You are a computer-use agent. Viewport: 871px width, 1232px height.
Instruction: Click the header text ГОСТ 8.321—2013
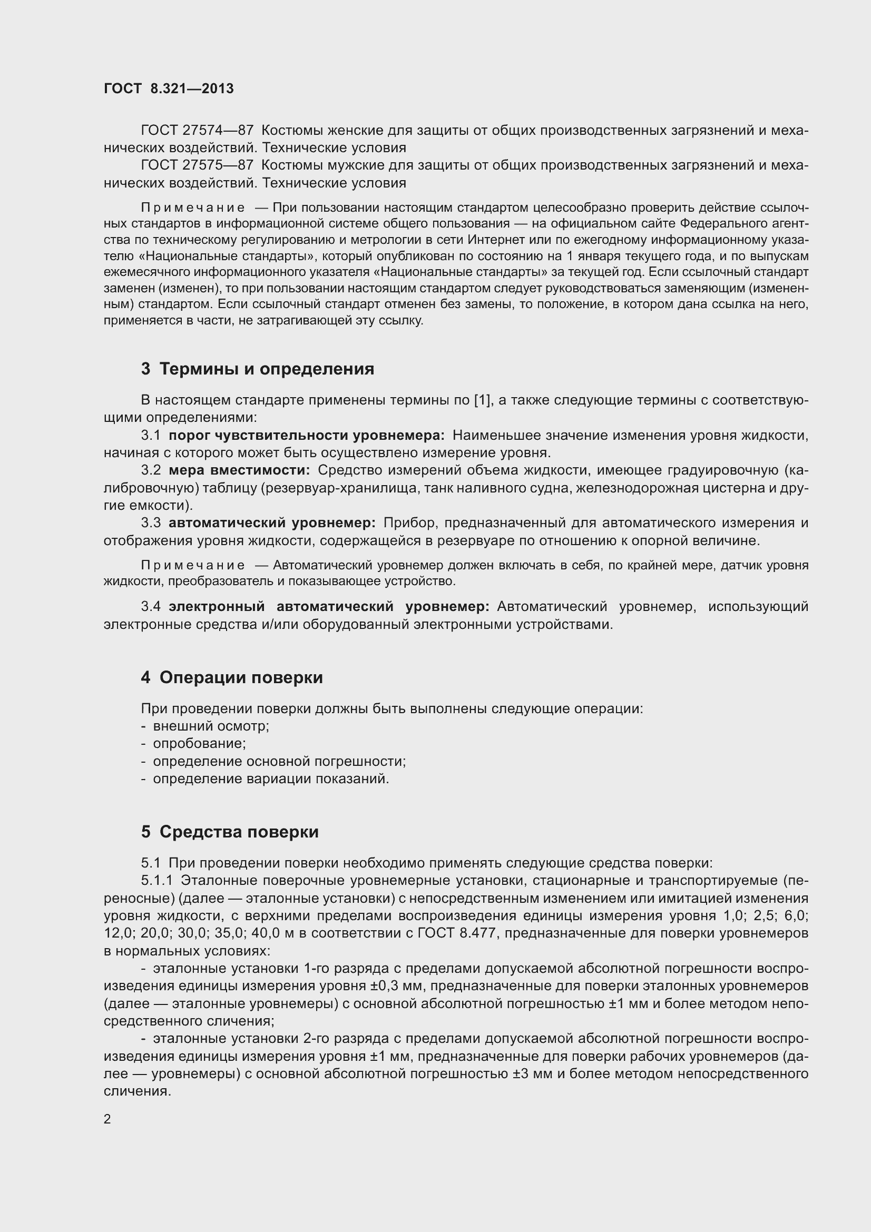[169, 88]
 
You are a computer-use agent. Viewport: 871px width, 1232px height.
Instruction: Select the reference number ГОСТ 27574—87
[197, 131]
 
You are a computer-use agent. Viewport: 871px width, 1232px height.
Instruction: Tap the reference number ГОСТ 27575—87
[197, 165]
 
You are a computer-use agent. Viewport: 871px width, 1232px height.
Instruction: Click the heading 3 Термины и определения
[258, 369]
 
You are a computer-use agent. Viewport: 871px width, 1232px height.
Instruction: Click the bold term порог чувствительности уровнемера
[307, 435]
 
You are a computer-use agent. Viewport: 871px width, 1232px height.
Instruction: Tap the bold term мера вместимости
[239, 470]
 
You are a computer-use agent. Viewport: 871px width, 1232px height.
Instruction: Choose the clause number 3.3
[151, 523]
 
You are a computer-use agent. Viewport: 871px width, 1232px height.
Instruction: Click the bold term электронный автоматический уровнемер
[328, 607]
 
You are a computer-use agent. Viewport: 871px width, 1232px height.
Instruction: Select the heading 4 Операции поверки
[232, 677]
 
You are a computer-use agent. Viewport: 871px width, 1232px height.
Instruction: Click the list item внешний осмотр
[210, 726]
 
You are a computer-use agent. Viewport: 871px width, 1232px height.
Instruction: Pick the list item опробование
[199, 744]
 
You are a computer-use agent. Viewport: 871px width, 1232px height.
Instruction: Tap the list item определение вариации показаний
[270, 778]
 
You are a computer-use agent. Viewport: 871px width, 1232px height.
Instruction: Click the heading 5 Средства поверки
[230, 832]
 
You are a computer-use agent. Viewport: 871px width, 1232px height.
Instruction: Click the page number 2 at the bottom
[107, 1119]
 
